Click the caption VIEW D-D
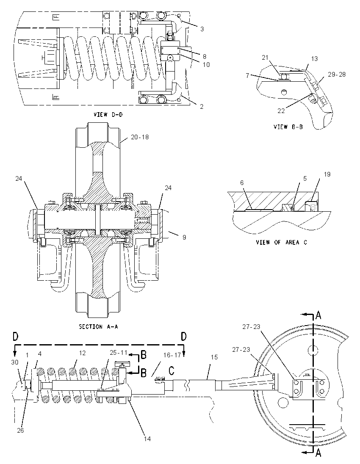coord(108,115)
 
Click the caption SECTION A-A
coord(98,327)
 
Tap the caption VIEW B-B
coord(288,127)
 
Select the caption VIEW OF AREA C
coord(281,242)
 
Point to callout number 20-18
coord(140,137)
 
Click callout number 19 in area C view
coord(327,174)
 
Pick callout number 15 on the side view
coord(214,357)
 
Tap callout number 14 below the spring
coord(147,439)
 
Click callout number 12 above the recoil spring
coord(82,353)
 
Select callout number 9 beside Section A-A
coord(184,237)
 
